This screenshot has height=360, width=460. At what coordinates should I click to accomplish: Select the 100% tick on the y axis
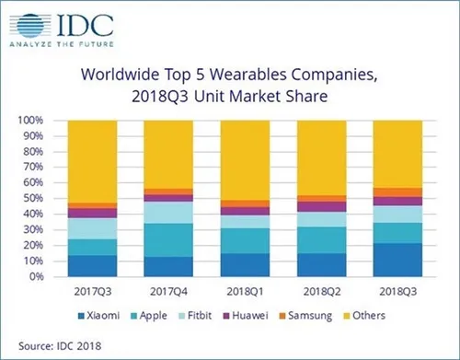[x=45, y=121]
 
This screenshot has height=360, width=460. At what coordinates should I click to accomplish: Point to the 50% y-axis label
[x=47, y=198]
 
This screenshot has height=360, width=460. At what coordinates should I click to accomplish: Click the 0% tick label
[x=51, y=275]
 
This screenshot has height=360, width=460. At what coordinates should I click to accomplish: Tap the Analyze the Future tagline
[x=55, y=41]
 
